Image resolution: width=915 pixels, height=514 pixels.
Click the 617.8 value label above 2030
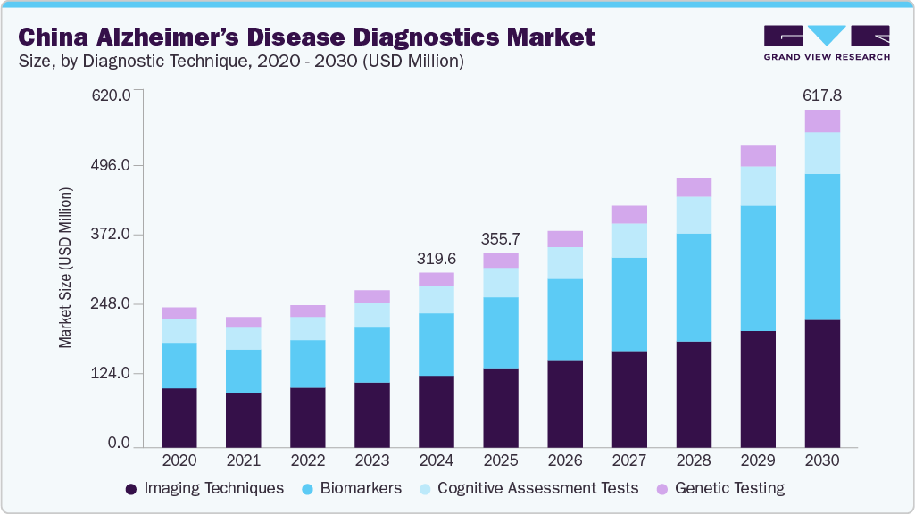(822, 95)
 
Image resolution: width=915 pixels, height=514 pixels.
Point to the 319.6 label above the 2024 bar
(436, 258)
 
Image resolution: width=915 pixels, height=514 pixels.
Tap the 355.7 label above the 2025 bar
(500, 239)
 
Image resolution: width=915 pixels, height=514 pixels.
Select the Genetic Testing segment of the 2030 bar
(822, 121)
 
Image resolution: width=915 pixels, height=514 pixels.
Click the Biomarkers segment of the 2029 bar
(758, 268)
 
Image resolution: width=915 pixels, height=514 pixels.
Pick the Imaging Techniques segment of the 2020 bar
(179, 417)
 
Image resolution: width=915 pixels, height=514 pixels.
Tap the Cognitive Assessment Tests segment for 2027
(629, 240)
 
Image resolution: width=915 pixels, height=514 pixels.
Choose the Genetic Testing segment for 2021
(243, 322)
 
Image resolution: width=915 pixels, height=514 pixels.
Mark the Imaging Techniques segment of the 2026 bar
(565, 402)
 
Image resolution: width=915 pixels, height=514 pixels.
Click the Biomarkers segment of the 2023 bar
(371, 354)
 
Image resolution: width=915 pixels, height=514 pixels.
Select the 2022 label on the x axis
(307, 460)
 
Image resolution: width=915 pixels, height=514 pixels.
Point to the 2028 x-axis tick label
(694, 460)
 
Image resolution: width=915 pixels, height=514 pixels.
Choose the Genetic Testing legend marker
(661, 489)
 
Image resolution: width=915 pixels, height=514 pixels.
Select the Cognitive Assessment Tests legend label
(537, 488)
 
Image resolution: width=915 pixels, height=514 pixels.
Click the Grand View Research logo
(826, 42)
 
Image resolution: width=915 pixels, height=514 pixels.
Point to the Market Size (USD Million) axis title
(65, 268)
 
